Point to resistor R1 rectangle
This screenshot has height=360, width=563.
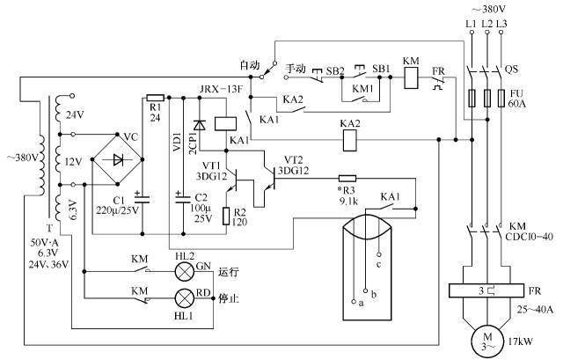(x=155, y=98)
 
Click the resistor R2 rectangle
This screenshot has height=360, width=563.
(x=227, y=216)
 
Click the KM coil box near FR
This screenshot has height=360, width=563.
(x=410, y=76)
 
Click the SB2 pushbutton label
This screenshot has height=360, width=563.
(x=334, y=69)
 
